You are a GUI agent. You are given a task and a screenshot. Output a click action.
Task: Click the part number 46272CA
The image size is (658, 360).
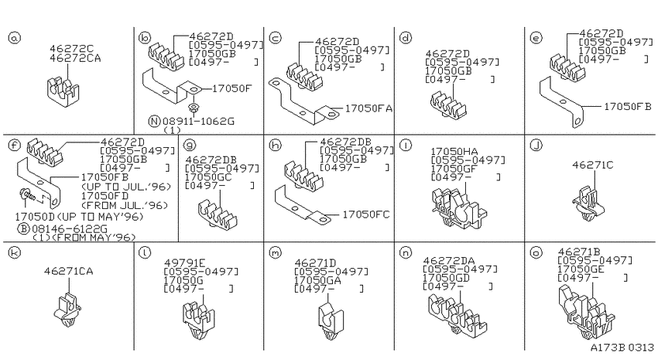coord(75,58)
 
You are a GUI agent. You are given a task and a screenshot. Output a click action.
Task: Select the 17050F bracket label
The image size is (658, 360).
coord(231,88)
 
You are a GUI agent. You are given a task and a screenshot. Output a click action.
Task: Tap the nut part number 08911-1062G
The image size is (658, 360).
coord(198,122)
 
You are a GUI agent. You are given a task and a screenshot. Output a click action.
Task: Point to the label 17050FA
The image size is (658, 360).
coord(368,108)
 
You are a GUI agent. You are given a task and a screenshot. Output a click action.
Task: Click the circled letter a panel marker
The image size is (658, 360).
coord(14,38)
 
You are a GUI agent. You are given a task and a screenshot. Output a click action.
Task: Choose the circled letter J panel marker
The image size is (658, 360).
coord(536,146)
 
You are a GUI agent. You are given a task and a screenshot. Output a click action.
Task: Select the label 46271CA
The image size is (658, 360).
coord(68,271)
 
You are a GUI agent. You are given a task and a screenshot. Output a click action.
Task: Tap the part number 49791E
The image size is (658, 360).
coord(185,262)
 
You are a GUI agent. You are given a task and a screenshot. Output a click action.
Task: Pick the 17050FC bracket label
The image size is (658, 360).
coord(366,214)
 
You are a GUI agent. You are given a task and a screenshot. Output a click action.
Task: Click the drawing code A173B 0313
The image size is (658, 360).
coord(622,348)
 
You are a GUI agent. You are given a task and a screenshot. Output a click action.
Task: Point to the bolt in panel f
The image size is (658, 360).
coord(26,195)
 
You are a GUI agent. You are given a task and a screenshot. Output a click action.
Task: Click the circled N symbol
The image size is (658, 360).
coord(154,122)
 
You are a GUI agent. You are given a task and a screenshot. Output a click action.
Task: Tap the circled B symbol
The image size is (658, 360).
coord(23,228)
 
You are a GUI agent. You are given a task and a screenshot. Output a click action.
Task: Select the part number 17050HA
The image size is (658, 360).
coord(454,151)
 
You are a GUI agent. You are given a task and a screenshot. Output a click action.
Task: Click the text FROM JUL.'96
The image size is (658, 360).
coord(125,205)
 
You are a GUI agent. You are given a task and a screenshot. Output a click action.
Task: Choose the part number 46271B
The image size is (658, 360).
coord(579,252)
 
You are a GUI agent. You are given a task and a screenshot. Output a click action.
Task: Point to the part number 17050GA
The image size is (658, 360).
coord(317,280)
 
